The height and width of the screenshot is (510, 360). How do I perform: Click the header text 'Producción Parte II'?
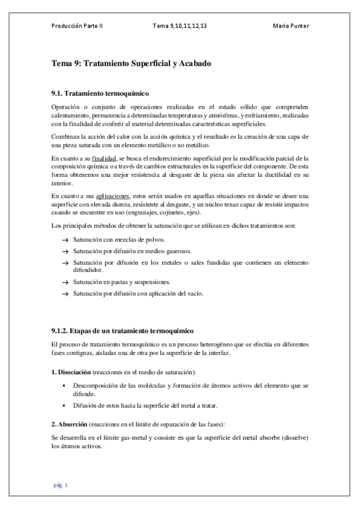(77, 26)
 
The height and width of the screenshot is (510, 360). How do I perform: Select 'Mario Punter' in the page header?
(291, 26)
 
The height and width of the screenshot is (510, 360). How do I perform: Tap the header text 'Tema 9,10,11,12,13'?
(180, 26)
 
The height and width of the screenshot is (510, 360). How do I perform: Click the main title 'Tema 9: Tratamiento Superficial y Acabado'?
(131, 63)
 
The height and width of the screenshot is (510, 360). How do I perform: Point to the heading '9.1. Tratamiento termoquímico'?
(100, 93)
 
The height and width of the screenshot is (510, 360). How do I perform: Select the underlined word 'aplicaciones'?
(113, 196)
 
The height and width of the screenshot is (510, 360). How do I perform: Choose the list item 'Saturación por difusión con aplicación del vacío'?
(139, 293)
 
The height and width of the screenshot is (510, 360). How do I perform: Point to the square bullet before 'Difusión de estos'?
(63, 404)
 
